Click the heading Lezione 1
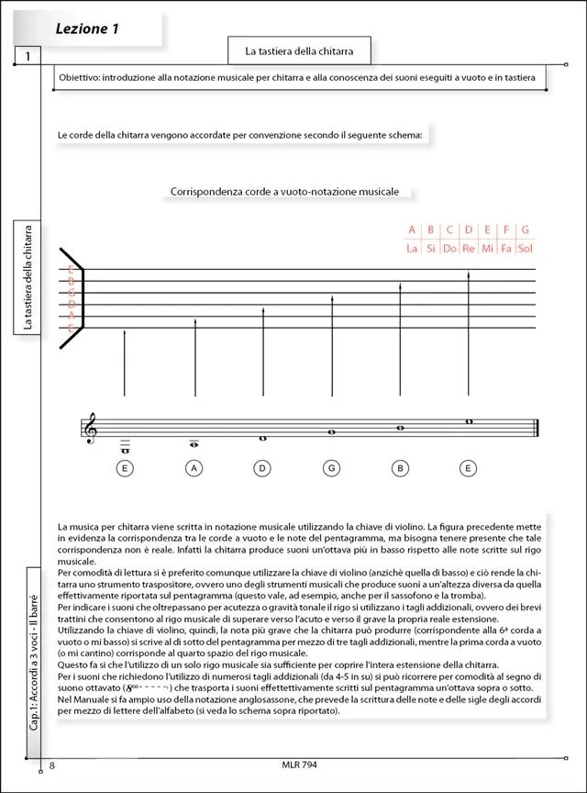pyautogui.click(x=88, y=29)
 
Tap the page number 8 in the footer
pyautogui.click(x=52, y=765)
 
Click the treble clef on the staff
pyautogui.click(x=90, y=428)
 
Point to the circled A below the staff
pyautogui.click(x=194, y=468)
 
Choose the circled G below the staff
pyautogui.click(x=331, y=468)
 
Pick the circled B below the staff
pyautogui.click(x=400, y=468)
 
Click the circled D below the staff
pyautogui.click(x=263, y=468)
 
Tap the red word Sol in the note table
pyautogui.click(x=525, y=249)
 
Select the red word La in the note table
pyautogui.click(x=413, y=249)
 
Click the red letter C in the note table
pyautogui.click(x=449, y=229)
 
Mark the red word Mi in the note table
pyautogui.click(x=487, y=249)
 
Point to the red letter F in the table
pyautogui.click(x=506, y=229)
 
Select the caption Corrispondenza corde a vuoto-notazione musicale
pyautogui.click(x=284, y=192)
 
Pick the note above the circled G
pyautogui.click(x=331, y=431)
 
